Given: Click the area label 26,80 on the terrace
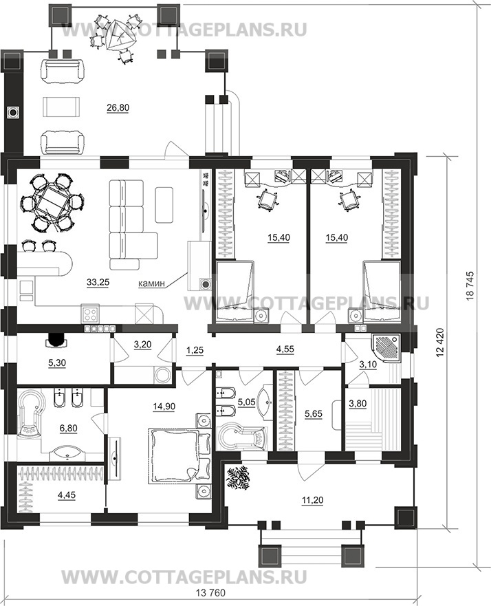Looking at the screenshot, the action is coord(118,108).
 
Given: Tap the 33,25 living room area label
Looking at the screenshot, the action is coord(98,283).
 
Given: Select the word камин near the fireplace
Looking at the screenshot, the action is coord(151,283).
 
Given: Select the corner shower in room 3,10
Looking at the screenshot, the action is coord(386,350).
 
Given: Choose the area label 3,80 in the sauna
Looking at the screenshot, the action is coord(358,404).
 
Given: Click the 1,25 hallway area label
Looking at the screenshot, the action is coord(195,350).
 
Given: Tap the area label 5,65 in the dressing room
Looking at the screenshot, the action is coord(314,414).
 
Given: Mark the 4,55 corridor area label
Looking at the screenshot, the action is coord(285,349).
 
